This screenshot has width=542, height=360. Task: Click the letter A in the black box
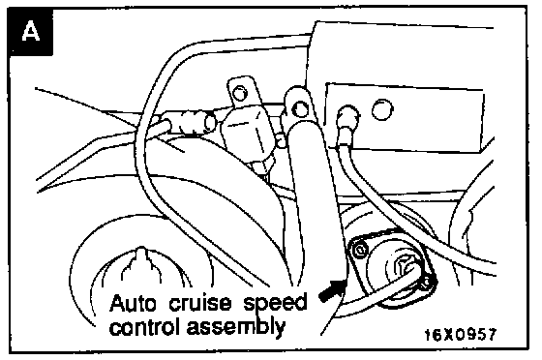point(30,31)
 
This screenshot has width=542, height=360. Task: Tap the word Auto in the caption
point(133,303)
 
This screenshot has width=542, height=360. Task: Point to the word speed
point(276,304)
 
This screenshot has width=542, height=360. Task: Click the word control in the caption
point(145,326)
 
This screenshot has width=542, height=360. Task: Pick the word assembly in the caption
point(236,327)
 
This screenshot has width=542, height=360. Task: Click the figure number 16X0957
point(460,334)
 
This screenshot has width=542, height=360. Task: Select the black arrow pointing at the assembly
point(332,291)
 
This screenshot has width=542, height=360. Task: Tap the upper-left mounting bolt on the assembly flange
point(361,250)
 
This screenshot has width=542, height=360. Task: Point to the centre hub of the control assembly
point(405,268)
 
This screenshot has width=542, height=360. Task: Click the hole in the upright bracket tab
point(239,93)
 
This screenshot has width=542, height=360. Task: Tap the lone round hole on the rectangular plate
point(382,109)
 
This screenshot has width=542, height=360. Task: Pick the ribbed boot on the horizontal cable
point(188,122)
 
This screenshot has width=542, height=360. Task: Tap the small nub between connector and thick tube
point(282,141)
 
